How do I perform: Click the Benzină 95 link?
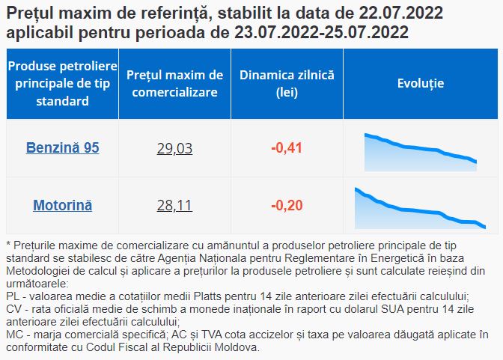63,147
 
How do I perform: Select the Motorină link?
63,205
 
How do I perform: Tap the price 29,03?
174,148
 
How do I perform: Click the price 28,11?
174,205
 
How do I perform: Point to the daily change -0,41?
287,148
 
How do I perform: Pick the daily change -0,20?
287,205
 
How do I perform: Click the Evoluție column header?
421,83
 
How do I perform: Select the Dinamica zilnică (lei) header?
287,83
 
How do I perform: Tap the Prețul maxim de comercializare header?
174,83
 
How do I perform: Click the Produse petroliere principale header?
63,83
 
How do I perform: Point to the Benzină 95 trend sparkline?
420,152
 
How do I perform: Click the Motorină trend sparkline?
420,208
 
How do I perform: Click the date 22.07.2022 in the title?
400,13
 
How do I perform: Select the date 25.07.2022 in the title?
366,32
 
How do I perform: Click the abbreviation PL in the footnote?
13,296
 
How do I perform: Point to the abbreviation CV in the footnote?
14,309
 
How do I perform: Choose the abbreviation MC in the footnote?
15,335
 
